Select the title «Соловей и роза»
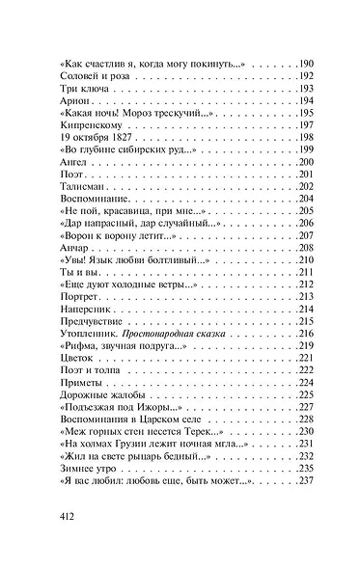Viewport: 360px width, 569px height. [x=88, y=76]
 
